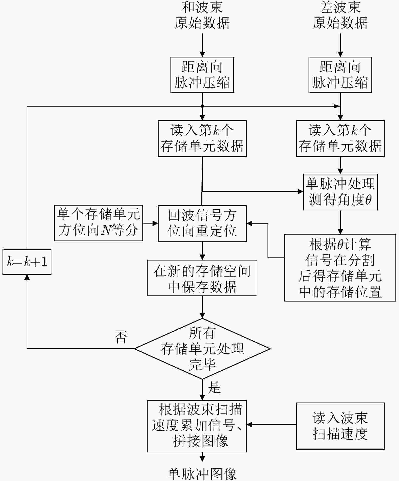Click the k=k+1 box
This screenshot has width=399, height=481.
pyautogui.click(x=27, y=262)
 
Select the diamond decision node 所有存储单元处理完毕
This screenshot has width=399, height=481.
pyautogui.click(x=202, y=349)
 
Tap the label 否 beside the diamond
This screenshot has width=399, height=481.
pyautogui.click(x=121, y=337)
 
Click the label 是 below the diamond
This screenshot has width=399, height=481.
pyautogui.click(x=214, y=387)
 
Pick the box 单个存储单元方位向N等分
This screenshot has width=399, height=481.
pyautogui.click(x=98, y=223)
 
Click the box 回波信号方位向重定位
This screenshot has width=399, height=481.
pyautogui.click(x=202, y=223)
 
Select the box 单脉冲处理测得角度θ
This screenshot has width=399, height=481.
pyautogui.click(x=340, y=192)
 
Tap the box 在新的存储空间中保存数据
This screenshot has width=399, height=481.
pyautogui.click(x=202, y=278)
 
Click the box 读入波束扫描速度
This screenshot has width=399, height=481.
pyautogui.click(x=340, y=426)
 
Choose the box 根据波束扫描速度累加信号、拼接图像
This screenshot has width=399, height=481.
pyautogui.click(x=197, y=426)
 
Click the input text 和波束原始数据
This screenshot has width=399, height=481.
pyautogui.click(x=202, y=15)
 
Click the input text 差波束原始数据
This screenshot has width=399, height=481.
pyautogui.click(x=340, y=15)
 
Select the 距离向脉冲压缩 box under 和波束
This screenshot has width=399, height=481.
pyautogui.click(x=202, y=75)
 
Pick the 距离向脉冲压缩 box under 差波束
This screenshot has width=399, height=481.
pyautogui.click(x=340, y=75)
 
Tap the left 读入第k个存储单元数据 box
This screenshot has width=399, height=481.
pyautogui.click(x=202, y=138)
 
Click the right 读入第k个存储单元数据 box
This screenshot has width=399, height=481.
pyautogui.click(x=340, y=138)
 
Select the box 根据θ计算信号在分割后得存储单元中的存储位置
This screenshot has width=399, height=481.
pyautogui.click(x=340, y=268)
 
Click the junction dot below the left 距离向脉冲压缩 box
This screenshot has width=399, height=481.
pyautogui.click(x=202, y=106)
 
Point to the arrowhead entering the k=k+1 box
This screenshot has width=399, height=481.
pyautogui.click(x=27, y=277)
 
